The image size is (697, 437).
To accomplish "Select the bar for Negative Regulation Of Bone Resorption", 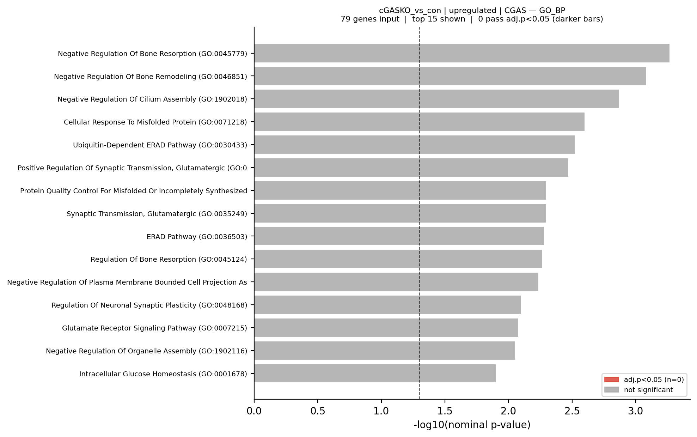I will (461, 53).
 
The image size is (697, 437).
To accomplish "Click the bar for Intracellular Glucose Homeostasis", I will (375, 374).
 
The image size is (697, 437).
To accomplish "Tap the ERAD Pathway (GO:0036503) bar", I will (399, 236).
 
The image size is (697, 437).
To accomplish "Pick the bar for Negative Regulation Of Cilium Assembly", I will (436, 99).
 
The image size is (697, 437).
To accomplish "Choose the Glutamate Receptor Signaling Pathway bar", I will (386, 328).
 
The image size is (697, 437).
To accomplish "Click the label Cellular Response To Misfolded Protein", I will (155, 122).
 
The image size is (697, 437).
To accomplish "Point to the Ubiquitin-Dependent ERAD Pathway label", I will (160, 145).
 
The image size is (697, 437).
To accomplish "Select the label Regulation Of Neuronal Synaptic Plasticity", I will (149, 305).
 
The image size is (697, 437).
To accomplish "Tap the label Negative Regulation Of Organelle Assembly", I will (146, 351).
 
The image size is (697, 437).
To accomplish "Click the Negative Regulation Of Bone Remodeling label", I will (150, 77).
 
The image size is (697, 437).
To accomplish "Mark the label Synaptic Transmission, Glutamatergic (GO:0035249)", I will (157, 214).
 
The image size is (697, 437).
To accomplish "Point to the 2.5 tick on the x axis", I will (572, 411).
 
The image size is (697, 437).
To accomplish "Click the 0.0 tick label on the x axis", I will (254, 411).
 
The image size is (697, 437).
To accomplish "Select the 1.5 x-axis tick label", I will (445, 411).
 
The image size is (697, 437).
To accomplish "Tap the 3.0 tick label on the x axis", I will (635, 411).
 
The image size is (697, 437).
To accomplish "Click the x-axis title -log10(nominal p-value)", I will (472, 425).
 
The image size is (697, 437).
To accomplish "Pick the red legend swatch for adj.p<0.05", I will (611, 380).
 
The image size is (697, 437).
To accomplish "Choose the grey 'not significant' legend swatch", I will (611, 390).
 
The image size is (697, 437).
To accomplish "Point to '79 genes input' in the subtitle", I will (370, 19).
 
